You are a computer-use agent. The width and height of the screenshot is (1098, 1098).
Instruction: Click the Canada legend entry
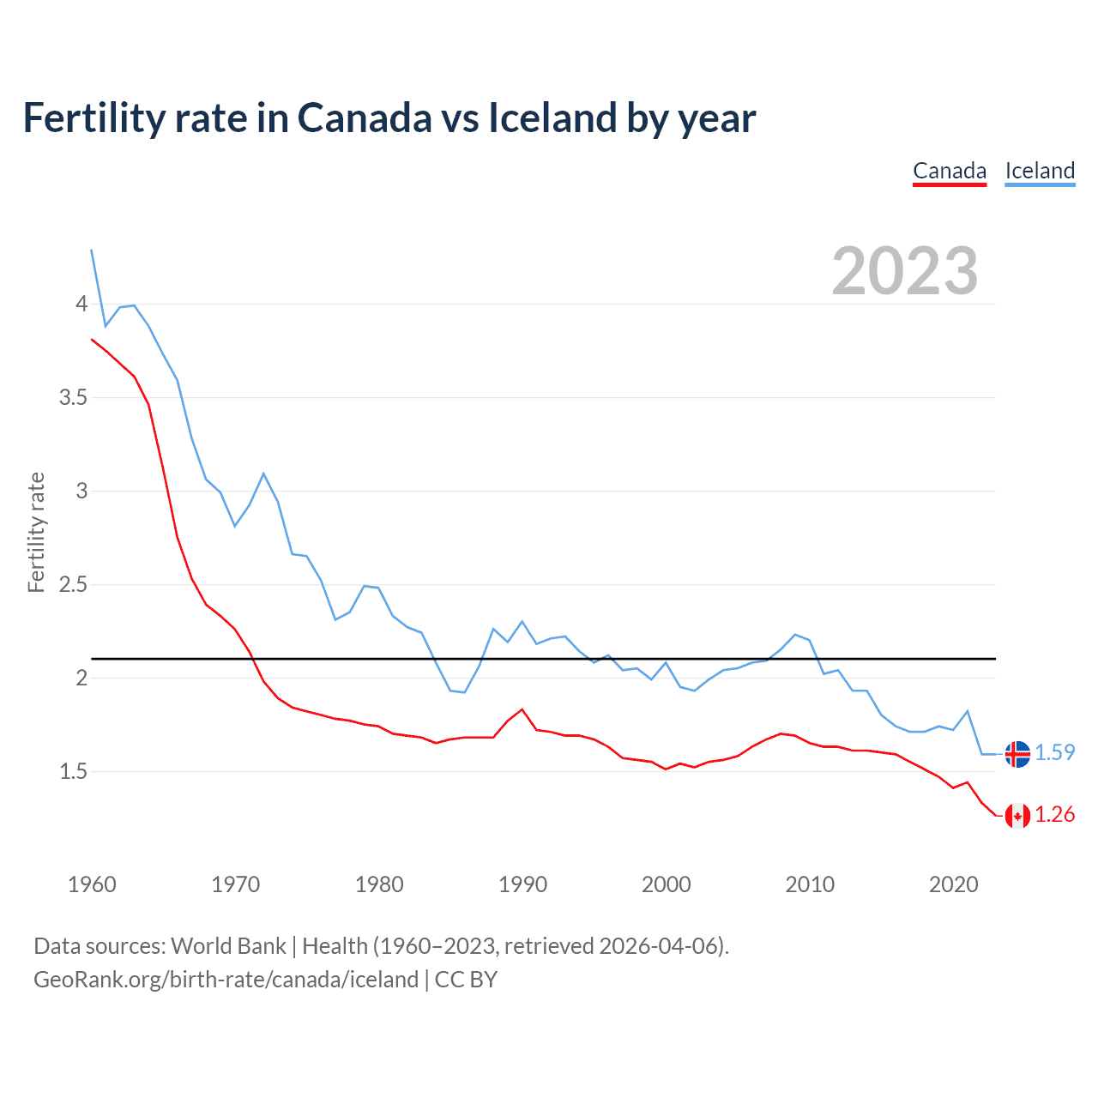tap(949, 171)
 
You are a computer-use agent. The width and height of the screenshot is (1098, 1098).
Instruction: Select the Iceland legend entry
tap(1040, 171)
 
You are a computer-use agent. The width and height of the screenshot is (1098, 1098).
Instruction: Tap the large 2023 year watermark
tap(904, 271)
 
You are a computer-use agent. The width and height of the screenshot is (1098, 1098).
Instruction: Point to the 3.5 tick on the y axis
tap(73, 397)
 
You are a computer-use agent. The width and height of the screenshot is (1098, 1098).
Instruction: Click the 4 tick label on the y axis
tap(81, 304)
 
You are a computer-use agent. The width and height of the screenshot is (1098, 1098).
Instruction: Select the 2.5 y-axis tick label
tap(73, 584)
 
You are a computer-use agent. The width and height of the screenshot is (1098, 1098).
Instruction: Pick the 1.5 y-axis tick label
tap(73, 771)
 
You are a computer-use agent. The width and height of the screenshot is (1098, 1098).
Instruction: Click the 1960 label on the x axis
tap(92, 884)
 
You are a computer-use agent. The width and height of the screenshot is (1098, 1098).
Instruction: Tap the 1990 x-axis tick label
tap(522, 884)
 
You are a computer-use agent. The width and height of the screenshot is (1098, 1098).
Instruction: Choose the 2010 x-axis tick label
tap(810, 884)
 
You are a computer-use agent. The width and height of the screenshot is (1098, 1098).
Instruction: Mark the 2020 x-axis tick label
tap(953, 884)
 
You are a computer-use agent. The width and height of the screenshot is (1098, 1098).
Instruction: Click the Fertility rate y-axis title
tap(36, 532)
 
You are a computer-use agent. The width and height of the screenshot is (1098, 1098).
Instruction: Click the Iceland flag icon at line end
tap(1017, 754)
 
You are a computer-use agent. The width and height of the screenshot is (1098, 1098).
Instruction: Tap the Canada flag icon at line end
tap(1017, 816)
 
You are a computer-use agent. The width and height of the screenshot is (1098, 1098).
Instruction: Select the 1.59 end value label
tap(1054, 752)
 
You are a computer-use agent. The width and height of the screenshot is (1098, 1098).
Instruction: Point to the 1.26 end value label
tap(1054, 814)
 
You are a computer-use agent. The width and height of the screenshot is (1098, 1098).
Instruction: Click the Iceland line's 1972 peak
tap(263, 474)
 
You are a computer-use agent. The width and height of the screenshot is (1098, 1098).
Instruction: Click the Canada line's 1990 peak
tap(522, 709)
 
